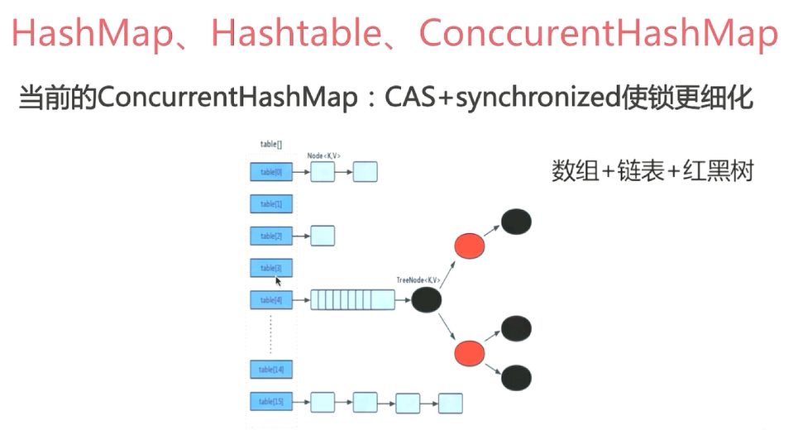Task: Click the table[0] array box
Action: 271,172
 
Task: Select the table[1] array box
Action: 271,204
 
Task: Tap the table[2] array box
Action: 271,236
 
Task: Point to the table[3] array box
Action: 271,268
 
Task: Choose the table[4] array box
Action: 271,300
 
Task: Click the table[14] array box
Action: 271,369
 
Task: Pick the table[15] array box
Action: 271,403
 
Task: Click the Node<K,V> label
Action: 324,155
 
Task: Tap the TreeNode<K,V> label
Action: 417,281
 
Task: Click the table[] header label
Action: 271,144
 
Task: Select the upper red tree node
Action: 468,246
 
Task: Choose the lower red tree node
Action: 468,354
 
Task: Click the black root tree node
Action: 426,300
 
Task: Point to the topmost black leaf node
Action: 517,222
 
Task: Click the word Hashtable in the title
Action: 303,34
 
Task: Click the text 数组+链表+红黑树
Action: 652,172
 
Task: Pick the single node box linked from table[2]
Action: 323,236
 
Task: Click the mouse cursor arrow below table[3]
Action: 279,281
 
